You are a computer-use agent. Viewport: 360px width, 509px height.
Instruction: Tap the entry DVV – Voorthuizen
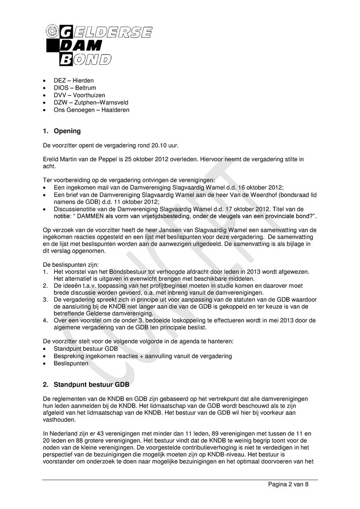pos(79,95)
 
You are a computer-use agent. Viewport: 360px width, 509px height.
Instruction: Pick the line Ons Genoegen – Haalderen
pos(91,110)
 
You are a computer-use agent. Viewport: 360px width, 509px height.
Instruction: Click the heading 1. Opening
pos(62,131)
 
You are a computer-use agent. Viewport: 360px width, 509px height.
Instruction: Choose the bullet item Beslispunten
pos(71,363)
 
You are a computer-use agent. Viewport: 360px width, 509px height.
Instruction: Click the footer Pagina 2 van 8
pos(288,484)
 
